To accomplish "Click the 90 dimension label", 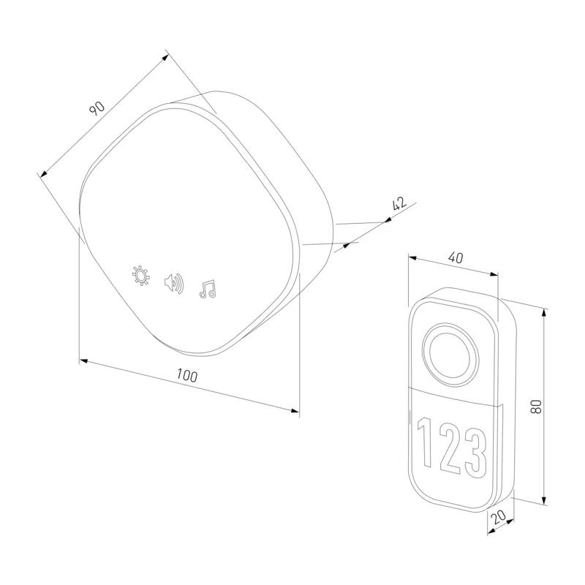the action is pyautogui.click(x=97, y=108).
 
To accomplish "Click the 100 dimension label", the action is pyautogui.click(x=187, y=375).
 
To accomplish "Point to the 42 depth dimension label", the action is pyautogui.click(x=399, y=204).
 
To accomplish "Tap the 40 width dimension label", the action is pyautogui.click(x=456, y=257).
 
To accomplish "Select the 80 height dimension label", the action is pyautogui.click(x=536, y=407).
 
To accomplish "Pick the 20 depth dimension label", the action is pyautogui.click(x=498, y=517).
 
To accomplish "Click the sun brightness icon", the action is pyautogui.click(x=141, y=276).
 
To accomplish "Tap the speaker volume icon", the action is pyautogui.click(x=174, y=284).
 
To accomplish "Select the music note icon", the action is pyautogui.click(x=208, y=289).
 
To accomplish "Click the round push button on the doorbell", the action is pyautogui.click(x=451, y=354).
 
